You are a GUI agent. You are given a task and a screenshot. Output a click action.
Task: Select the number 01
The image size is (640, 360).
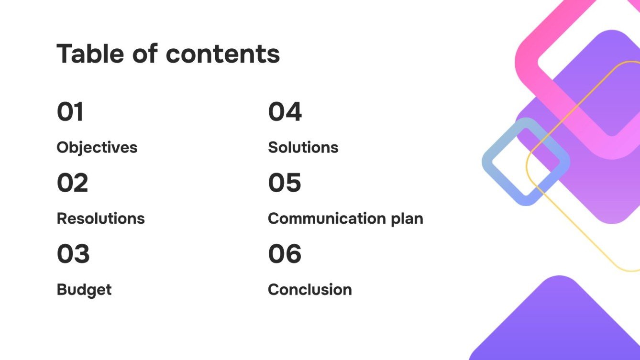coord(70,112)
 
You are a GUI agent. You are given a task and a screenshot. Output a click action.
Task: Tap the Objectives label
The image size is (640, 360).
coord(97,147)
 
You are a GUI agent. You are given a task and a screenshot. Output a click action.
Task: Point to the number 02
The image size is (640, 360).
coord(72,183)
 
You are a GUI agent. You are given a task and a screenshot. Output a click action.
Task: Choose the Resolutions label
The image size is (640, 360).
coord(100,218)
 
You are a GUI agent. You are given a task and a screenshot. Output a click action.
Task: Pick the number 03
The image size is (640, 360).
coord(73,254)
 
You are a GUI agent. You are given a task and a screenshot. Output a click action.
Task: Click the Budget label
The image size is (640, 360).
coord(84,290)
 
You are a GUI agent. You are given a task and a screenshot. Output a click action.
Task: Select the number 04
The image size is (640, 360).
coord(285,112)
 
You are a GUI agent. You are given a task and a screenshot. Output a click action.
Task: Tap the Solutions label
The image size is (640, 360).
coord(303,147)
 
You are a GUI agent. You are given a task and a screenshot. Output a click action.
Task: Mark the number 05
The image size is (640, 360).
coord(284,183)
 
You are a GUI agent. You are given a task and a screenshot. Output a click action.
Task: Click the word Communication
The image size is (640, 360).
coord(324,218)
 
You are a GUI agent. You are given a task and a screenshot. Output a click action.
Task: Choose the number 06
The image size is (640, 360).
coord(285,254)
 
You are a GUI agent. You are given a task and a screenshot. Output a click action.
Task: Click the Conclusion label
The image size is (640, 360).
coord(309,290)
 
